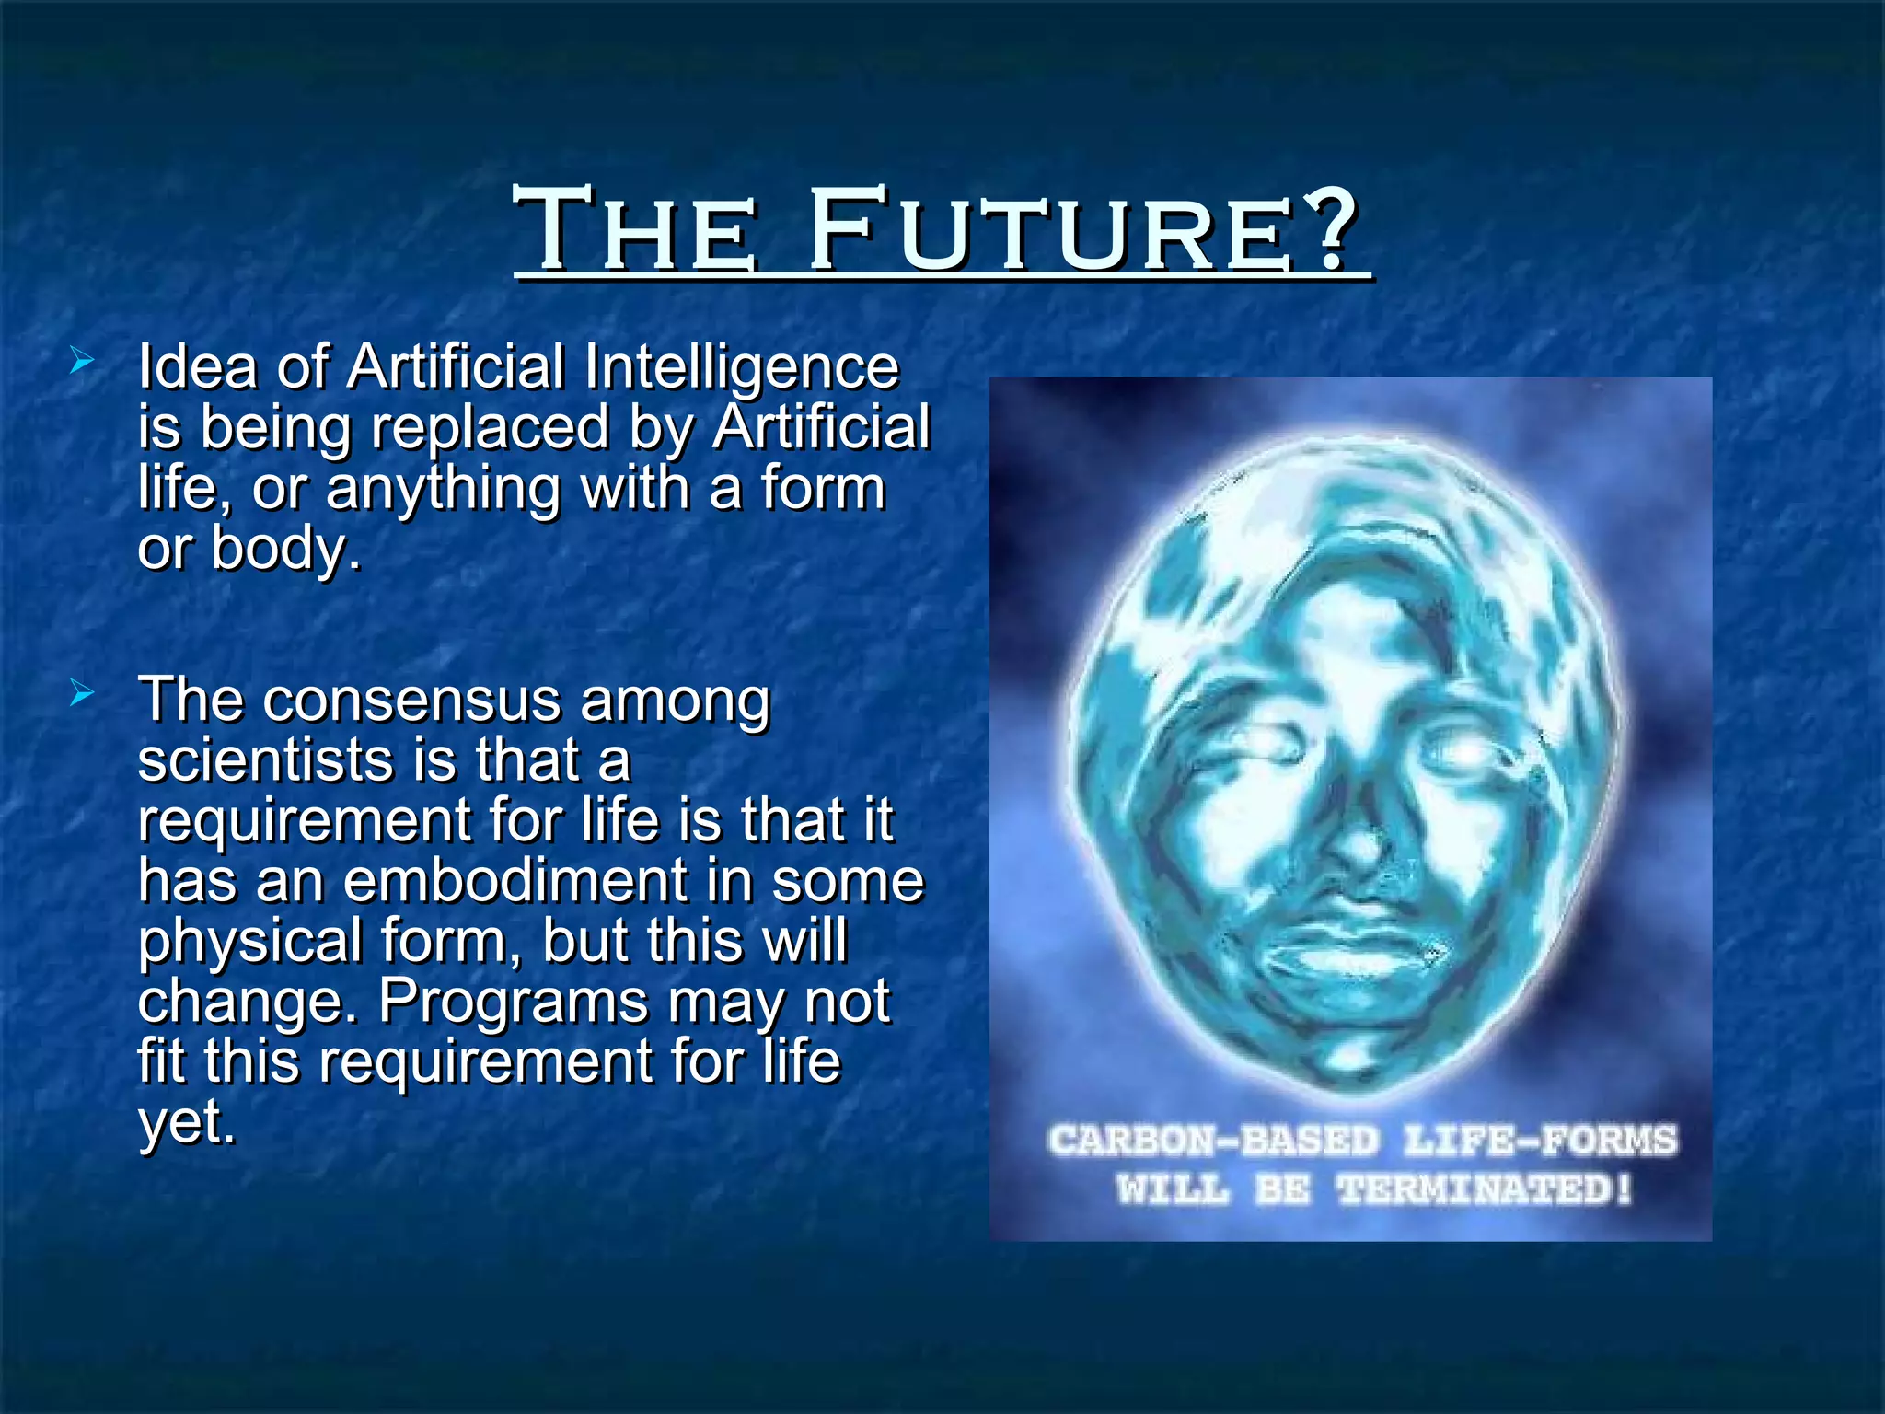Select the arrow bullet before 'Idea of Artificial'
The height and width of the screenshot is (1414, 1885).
click(x=82, y=362)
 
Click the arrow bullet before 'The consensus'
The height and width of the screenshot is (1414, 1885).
click(x=82, y=694)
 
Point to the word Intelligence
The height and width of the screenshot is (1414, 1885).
click(x=741, y=368)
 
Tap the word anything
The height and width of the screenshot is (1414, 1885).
click(x=444, y=489)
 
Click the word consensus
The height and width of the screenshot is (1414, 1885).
click(x=411, y=701)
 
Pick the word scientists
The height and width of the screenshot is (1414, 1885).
click(x=266, y=761)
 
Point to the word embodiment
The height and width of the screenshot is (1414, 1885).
click(x=515, y=881)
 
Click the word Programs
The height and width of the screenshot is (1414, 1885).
click(x=514, y=1002)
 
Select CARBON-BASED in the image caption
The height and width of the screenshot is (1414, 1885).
click(x=1213, y=1141)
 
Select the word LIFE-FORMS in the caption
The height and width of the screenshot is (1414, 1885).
click(x=1541, y=1141)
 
